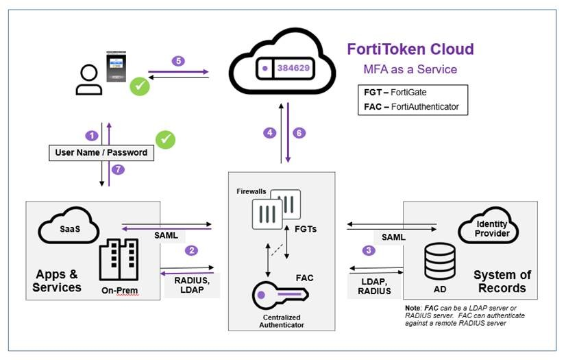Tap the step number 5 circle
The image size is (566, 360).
click(x=179, y=61)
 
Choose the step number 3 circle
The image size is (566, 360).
click(x=369, y=250)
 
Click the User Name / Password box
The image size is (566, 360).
click(x=101, y=152)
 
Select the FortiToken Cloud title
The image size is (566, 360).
click(x=410, y=49)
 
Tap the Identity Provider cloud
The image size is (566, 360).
click(x=493, y=228)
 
